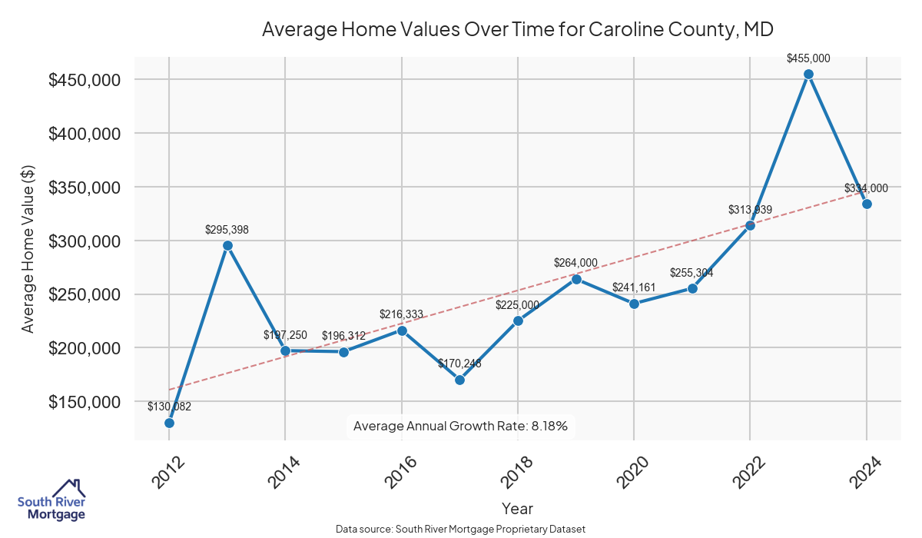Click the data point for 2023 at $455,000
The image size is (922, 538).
(x=808, y=75)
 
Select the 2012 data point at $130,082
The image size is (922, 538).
(x=169, y=423)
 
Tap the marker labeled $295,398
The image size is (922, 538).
(x=227, y=246)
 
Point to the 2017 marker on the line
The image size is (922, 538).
(x=459, y=380)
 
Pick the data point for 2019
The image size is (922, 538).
(x=576, y=279)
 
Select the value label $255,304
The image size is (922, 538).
(x=691, y=273)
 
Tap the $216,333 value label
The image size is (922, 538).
(x=401, y=314)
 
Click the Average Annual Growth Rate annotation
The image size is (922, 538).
(x=459, y=426)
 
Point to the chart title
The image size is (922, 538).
(x=517, y=30)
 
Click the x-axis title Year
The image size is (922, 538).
(x=517, y=508)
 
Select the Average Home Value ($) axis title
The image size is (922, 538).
(x=28, y=248)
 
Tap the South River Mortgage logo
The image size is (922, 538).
(x=51, y=501)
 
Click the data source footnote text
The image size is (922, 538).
(x=461, y=530)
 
